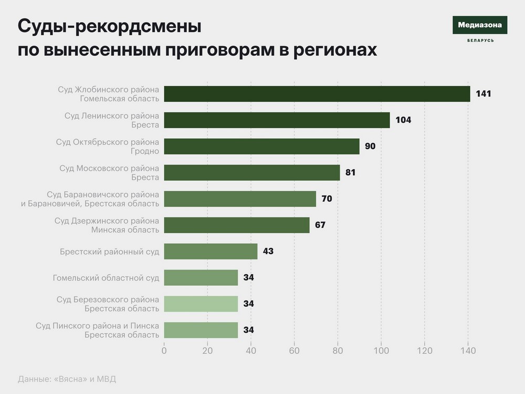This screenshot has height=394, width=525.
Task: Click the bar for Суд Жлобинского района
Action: click(317, 94)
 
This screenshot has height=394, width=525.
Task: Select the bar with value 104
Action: click(277, 120)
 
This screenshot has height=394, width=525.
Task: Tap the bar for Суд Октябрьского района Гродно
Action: click(261, 147)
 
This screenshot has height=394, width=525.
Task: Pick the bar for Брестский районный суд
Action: click(211, 252)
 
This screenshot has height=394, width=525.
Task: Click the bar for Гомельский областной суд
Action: click(201, 278)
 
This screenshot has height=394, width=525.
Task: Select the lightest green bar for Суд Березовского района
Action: click(201, 304)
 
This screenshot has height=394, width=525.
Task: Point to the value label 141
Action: click(483, 94)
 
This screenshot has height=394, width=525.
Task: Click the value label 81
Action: click(351, 173)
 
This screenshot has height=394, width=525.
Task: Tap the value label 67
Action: click(320, 225)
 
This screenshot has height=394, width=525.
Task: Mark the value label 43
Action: click(268, 252)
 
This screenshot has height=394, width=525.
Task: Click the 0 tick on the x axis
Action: click(164, 351)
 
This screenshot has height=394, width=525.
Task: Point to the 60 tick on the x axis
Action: click(295, 351)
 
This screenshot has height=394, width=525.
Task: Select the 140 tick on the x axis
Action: click(468, 351)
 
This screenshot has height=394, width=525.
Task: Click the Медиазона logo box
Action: click(480, 25)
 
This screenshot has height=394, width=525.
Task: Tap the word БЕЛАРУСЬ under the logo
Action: click(480, 41)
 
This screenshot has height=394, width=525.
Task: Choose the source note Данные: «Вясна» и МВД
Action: click(67, 379)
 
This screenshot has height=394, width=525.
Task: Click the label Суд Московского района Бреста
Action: click(109, 173)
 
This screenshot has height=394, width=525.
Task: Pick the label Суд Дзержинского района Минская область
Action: click(107, 225)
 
